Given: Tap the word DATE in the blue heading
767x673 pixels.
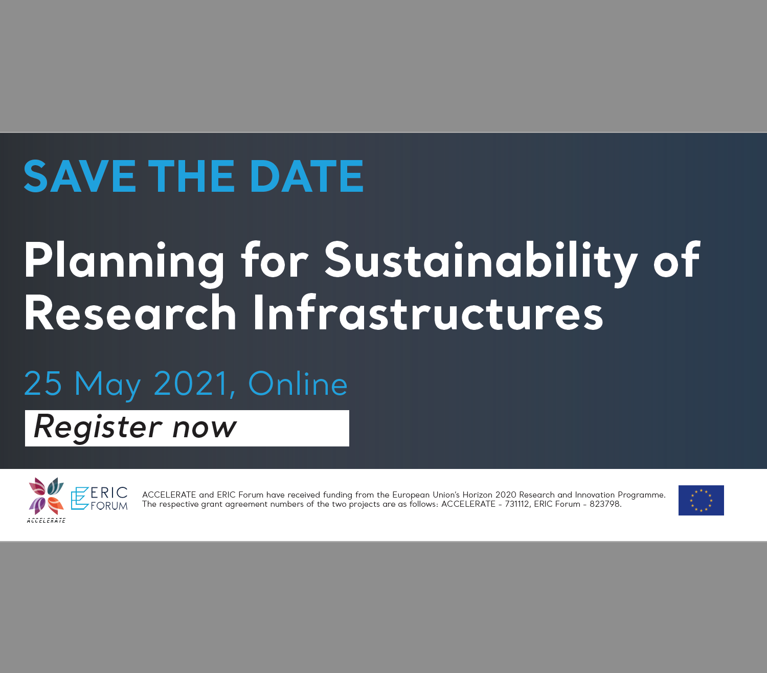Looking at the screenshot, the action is [x=307, y=176].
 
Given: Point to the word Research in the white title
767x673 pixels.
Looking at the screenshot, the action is [x=130, y=313].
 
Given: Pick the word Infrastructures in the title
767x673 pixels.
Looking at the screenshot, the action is [x=428, y=313].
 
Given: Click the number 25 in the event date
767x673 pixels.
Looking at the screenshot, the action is [x=43, y=383].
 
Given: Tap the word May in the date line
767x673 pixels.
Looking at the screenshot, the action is [x=107, y=386].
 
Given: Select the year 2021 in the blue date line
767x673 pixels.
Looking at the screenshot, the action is [x=190, y=383].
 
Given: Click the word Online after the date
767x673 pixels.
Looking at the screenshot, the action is [x=298, y=383].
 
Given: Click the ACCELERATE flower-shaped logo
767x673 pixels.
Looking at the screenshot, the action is [x=46, y=496].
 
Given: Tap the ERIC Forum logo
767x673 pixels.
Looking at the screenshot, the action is [x=99, y=499].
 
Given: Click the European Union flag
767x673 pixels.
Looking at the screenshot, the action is [x=701, y=500].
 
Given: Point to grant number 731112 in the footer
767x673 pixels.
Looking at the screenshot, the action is [x=517, y=504].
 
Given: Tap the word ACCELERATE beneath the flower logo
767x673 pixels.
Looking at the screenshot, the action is [x=46, y=521].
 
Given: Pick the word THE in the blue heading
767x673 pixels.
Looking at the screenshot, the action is [x=191, y=176].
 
